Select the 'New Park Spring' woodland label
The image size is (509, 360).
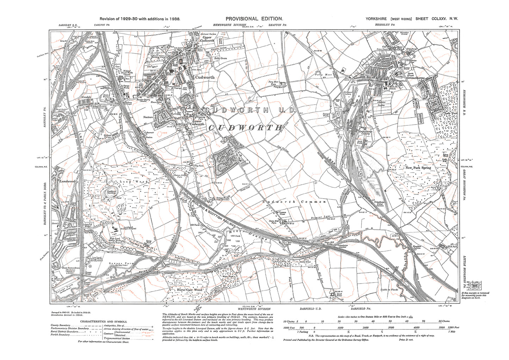point(418,168)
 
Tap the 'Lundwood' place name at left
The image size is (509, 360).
point(68,181)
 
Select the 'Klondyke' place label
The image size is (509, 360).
point(86,96)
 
